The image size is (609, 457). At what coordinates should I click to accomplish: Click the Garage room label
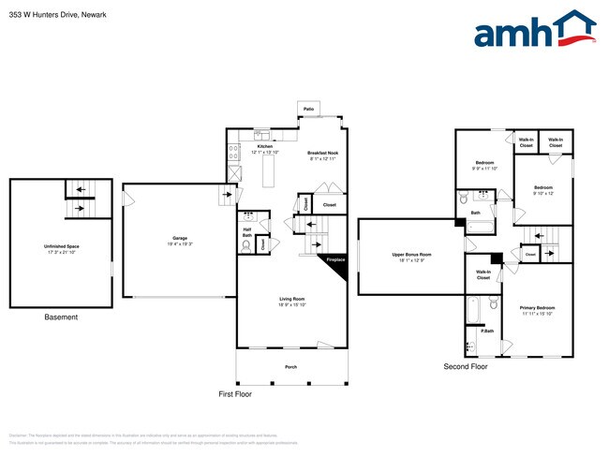180,238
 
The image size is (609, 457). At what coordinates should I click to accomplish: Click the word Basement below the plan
62,317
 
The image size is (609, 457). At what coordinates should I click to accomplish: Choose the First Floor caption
235,394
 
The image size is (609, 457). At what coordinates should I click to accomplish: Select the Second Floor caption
466,367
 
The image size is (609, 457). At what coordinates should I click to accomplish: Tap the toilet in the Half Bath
246,245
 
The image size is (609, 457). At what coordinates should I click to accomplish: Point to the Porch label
290,366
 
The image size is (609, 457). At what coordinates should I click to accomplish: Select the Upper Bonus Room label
411,254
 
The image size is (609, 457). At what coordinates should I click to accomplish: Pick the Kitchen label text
265,147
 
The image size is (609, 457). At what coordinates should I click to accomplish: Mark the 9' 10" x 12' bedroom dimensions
543,194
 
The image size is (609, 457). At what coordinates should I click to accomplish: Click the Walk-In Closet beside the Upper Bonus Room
483,274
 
